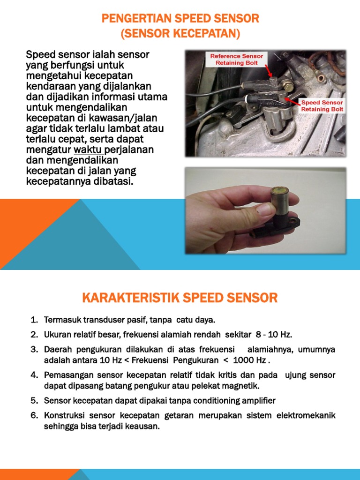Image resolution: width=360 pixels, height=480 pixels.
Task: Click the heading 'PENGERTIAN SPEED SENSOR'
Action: tap(180, 19)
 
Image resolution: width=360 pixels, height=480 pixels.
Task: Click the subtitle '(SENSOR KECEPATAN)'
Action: tap(180, 34)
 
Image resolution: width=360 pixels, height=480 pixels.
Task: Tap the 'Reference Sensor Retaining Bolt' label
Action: tap(237, 60)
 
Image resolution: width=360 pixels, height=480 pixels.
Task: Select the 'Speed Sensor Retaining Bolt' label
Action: tap(322, 105)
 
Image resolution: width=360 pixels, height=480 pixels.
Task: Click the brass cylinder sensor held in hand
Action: tap(280, 202)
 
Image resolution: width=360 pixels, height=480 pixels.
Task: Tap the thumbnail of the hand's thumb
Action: tap(265, 209)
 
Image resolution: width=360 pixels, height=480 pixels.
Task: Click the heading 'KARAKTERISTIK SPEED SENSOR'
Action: tap(180, 297)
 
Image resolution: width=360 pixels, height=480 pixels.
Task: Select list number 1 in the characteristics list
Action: tap(34, 320)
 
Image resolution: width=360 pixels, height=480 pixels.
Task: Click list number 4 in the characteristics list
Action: tap(34, 375)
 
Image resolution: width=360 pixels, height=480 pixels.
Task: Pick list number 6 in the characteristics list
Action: tap(34, 416)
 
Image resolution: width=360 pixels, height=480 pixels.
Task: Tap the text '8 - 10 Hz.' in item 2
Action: tap(274, 335)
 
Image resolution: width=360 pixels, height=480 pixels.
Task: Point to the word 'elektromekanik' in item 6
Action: tap(306, 416)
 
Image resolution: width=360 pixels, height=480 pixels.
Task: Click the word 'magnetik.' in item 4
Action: tap(239, 386)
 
